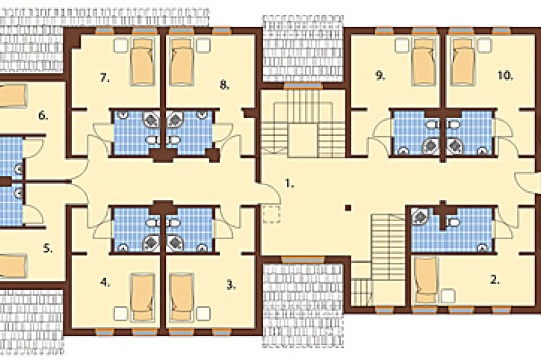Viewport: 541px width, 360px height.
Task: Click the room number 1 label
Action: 290,184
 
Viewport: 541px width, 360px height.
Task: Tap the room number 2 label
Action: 495,280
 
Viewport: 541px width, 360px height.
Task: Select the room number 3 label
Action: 231,285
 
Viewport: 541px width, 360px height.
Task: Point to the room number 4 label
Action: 105,283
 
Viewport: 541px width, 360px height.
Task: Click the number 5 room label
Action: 48,248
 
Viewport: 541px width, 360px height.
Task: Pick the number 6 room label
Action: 43,116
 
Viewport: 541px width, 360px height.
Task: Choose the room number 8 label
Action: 225,84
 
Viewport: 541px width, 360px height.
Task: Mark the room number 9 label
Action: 380,75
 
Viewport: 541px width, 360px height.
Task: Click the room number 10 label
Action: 505,75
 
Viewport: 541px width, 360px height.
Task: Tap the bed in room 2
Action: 426,280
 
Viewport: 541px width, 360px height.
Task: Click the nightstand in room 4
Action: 121,314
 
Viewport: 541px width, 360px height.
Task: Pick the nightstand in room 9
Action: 402,46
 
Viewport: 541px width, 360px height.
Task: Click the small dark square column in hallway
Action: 349,207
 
